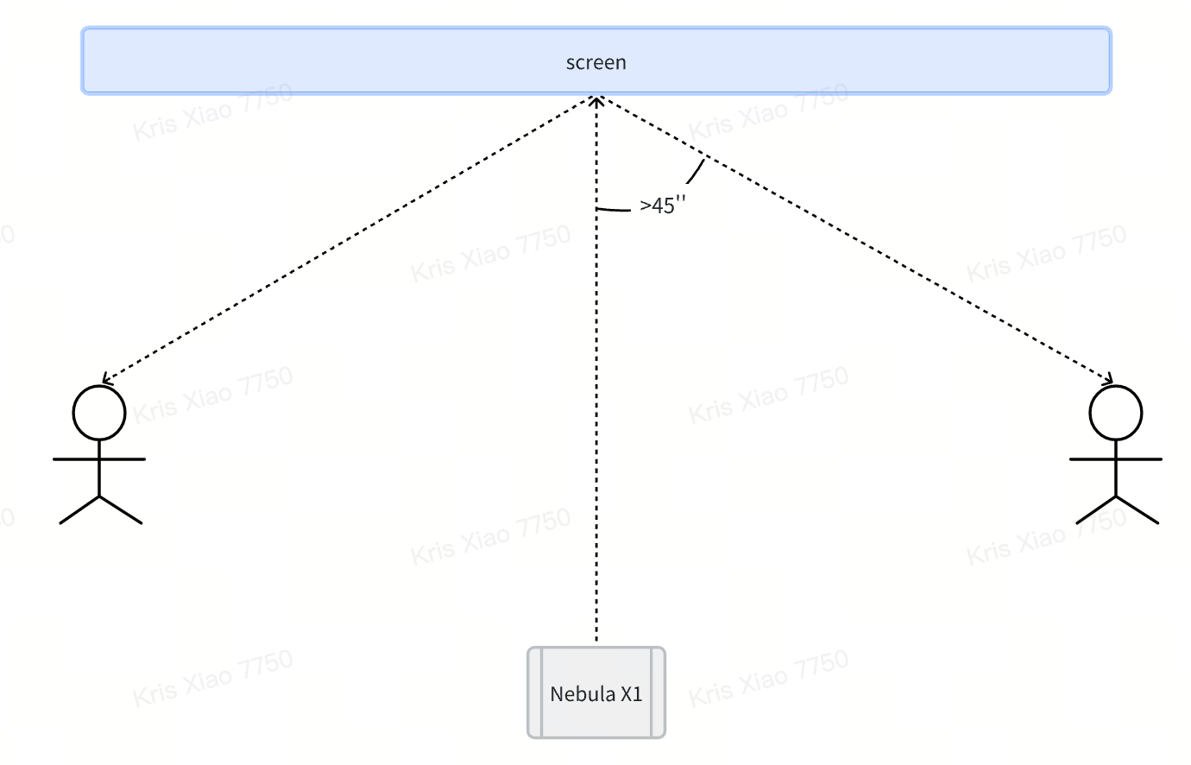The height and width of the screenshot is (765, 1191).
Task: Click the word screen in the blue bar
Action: (595, 62)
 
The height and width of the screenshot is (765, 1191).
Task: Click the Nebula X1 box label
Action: (596, 694)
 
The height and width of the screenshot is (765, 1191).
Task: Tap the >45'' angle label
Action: (663, 205)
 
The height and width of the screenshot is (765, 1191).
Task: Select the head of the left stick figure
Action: (99, 413)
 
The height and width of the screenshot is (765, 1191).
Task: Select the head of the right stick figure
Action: (1116, 413)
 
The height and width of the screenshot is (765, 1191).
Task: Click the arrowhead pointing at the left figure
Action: (104, 379)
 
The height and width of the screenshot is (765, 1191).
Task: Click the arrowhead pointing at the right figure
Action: (1109, 379)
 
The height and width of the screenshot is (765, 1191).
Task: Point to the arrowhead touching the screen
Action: (596, 99)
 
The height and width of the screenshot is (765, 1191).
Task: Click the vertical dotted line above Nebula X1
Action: (596, 432)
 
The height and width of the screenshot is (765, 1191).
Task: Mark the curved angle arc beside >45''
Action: (696, 172)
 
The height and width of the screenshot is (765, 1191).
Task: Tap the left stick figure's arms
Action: (99, 459)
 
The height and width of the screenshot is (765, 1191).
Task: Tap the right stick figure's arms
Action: (1116, 459)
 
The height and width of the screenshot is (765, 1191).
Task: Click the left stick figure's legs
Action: (100, 509)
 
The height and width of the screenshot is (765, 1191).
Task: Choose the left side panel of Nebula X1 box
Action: (535, 692)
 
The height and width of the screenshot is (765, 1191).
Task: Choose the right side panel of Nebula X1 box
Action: (658, 692)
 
